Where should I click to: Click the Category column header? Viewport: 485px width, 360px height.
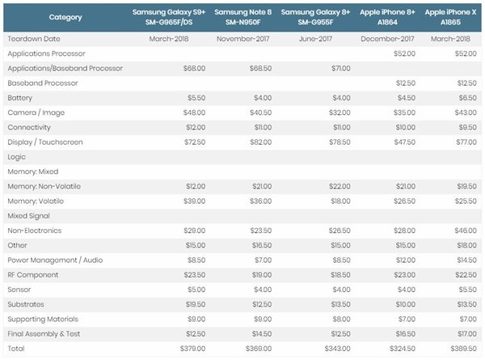(x=65, y=17)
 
